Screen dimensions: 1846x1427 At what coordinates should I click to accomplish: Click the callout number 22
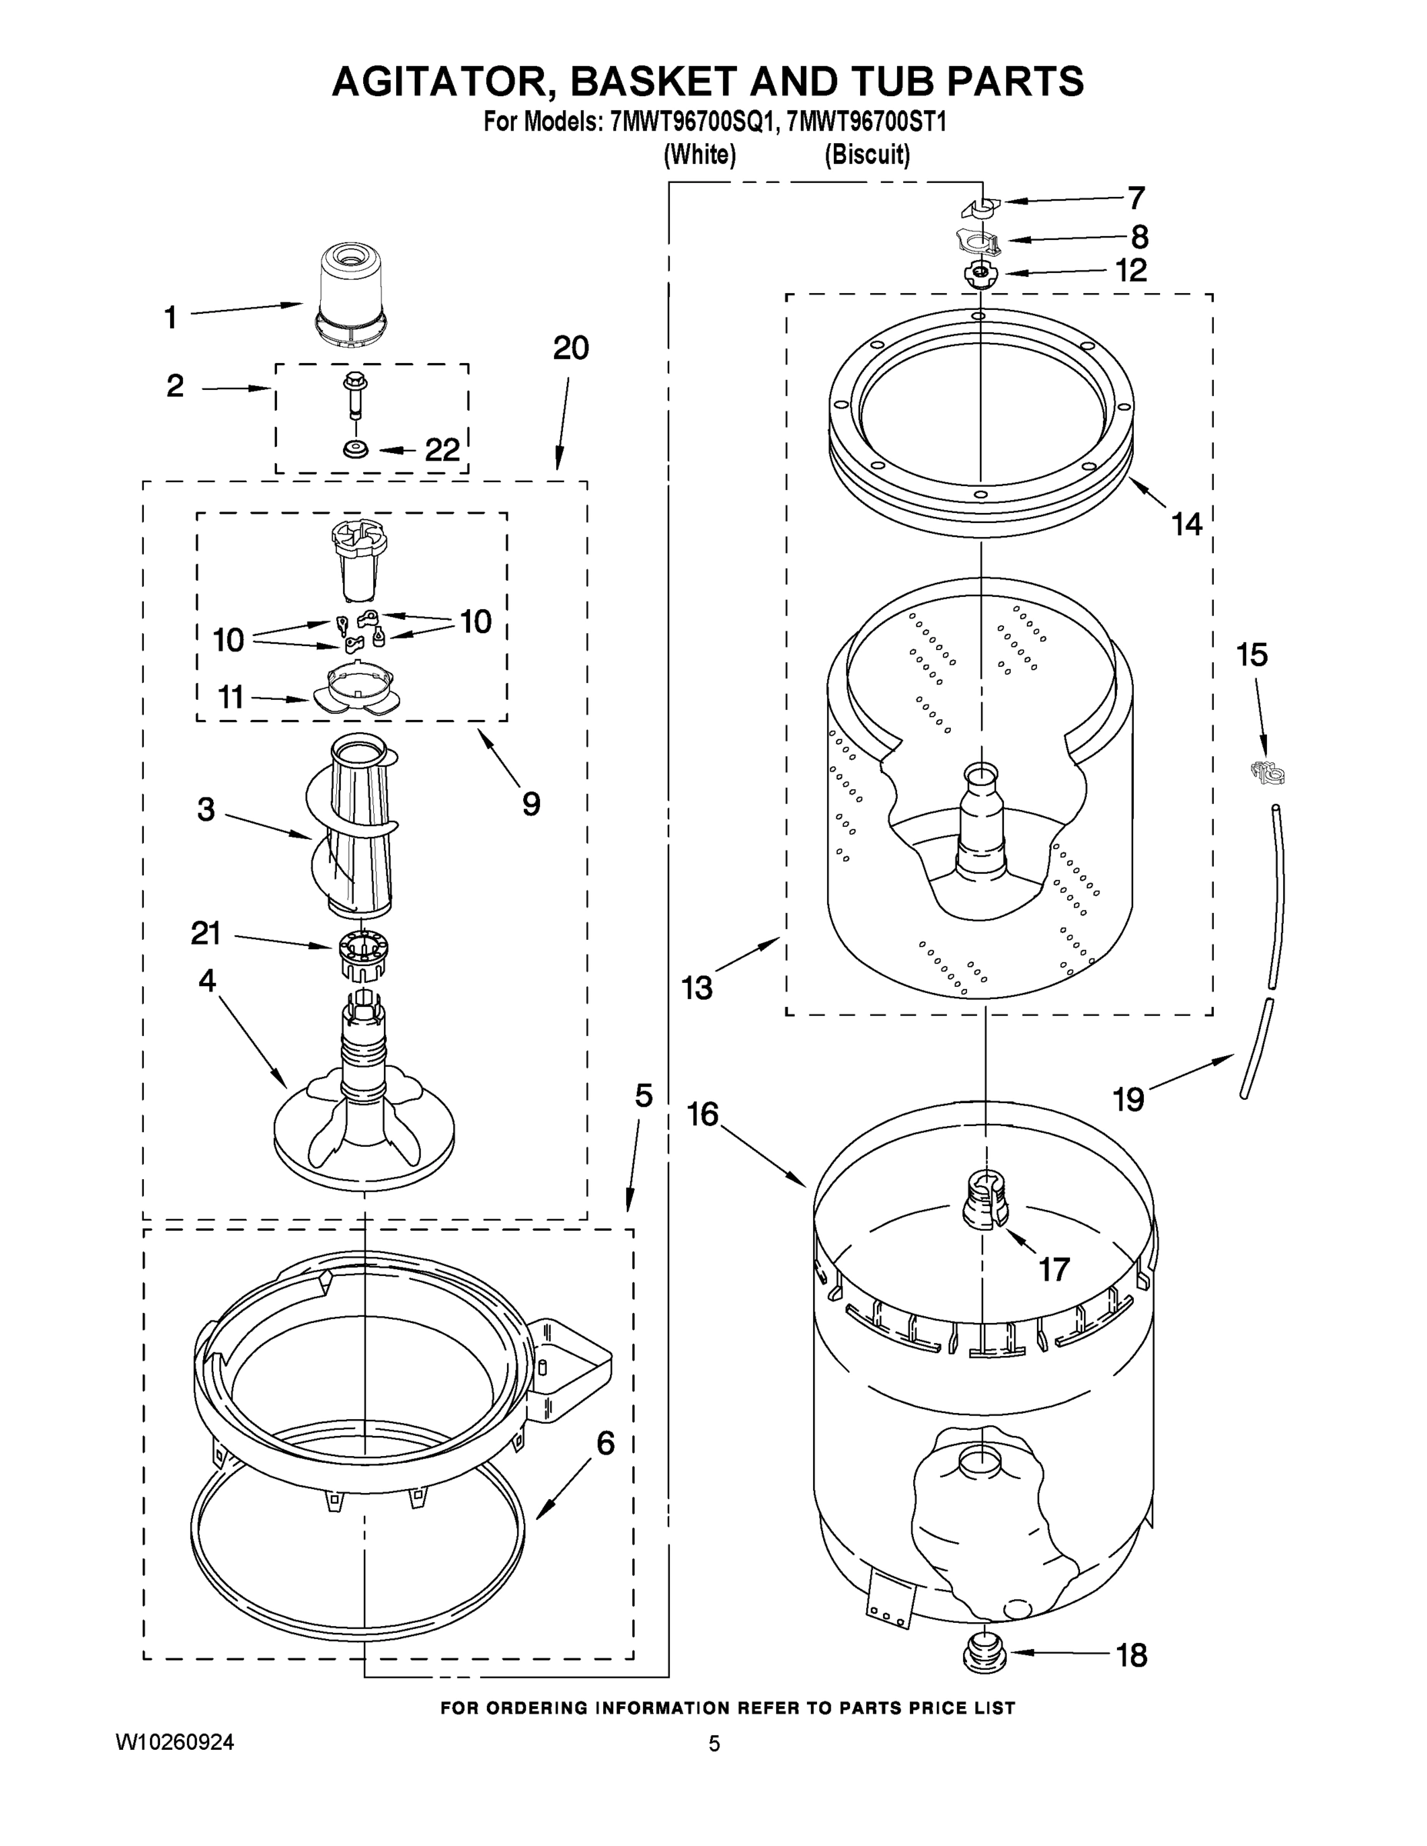[x=442, y=450]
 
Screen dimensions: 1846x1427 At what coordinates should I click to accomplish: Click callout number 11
[x=231, y=698]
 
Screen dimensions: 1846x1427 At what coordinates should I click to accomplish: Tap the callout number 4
[x=207, y=981]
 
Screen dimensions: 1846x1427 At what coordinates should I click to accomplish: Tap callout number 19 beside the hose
[x=1128, y=1099]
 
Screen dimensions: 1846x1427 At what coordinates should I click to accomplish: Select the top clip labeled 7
[x=981, y=205]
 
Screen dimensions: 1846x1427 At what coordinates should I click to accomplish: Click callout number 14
[x=1187, y=524]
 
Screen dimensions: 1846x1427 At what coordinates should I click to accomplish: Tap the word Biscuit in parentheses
[x=868, y=155]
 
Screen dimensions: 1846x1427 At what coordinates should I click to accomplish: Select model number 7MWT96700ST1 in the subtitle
[x=865, y=122]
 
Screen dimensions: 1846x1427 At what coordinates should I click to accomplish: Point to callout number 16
[x=702, y=1114]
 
